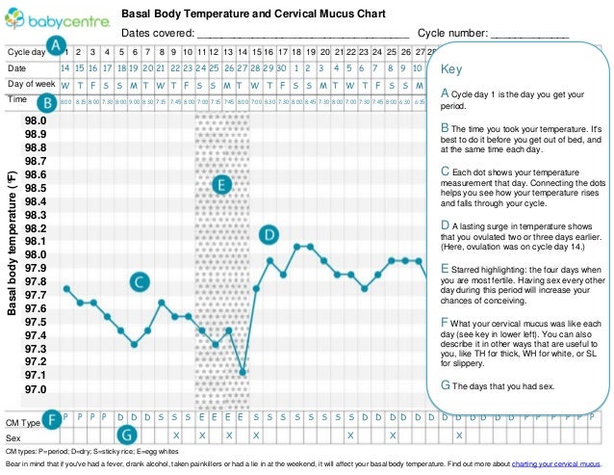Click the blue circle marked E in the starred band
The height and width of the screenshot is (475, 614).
tap(221, 184)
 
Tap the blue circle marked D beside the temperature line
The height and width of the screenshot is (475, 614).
tap(270, 234)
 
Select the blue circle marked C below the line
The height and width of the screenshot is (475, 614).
tap(141, 281)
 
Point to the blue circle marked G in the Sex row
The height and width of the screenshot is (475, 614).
tap(125, 436)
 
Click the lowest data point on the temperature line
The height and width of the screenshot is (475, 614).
tap(243, 371)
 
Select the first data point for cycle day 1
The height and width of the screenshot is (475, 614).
tap(66, 288)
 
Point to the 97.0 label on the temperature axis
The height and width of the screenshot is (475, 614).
tap(35, 389)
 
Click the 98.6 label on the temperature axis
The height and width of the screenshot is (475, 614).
tap(35, 174)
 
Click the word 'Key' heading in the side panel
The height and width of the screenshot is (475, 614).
tap(450, 70)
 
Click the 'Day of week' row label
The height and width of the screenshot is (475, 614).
tap(30, 85)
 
